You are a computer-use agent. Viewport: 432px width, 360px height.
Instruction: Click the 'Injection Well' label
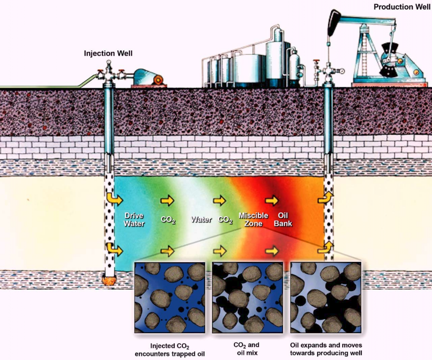(108, 53)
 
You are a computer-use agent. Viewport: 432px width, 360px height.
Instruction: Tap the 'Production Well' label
(402, 7)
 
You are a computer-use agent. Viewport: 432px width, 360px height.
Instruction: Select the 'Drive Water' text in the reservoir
(134, 219)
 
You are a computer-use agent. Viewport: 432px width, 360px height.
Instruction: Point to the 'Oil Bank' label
(283, 219)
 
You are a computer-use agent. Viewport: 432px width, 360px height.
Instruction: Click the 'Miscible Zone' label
(253, 219)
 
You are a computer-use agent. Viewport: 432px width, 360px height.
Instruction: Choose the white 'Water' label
(201, 220)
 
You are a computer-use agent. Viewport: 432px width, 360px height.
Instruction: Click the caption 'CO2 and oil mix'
(247, 349)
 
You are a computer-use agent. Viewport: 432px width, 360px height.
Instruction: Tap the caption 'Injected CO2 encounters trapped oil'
(170, 350)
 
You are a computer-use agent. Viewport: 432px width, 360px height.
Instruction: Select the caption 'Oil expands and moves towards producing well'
(326, 349)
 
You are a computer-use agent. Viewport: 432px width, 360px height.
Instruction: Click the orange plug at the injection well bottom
(109, 280)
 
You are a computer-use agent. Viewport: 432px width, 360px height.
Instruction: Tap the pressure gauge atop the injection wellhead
(109, 62)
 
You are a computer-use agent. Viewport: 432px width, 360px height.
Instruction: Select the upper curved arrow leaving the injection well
(114, 199)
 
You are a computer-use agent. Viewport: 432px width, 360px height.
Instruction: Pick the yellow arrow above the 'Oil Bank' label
(272, 201)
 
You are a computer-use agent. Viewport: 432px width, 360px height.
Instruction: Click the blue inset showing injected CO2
(170, 297)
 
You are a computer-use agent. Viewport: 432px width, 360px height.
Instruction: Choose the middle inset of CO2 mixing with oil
(247, 297)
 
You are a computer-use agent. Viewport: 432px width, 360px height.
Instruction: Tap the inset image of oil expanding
(326, 297)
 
